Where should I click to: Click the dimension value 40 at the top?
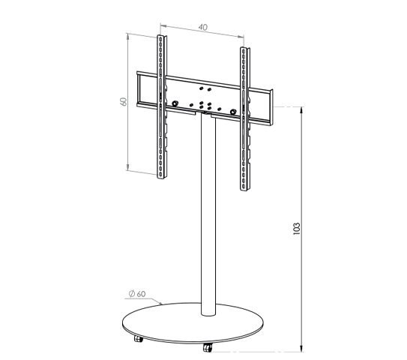pos(203,27)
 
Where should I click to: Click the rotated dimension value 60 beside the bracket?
pos(124,101)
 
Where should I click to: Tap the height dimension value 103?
pos(296,229)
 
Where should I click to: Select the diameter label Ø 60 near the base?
pos(137,294)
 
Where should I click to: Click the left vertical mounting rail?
pos(162,106)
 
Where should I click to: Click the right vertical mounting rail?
pos(245,119)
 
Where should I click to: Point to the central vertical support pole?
pos(208,215)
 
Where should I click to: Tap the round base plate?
pos(193,323)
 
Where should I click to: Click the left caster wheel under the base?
pos(139,339)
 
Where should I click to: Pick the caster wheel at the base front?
pos(208,347)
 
